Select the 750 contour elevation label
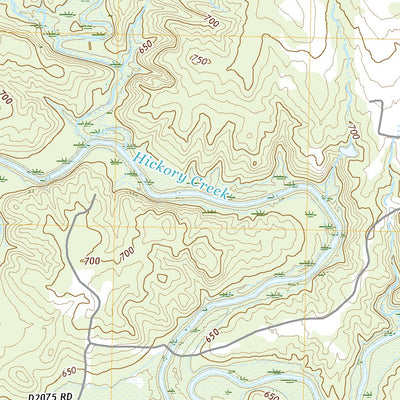pyautogui.click(x=199, y=61)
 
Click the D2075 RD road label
pyautogui.click(x=50, y=395)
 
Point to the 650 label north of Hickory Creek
pyautogui.click(x=147, y=47)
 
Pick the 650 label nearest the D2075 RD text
pyautogui.click(x=66, y=371)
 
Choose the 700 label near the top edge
pyautogui.click(x=210, y=21)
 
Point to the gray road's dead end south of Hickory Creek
pyautogui.click(x=93, y=196)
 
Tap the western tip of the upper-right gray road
pyautogui.click(x=367, y=102)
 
